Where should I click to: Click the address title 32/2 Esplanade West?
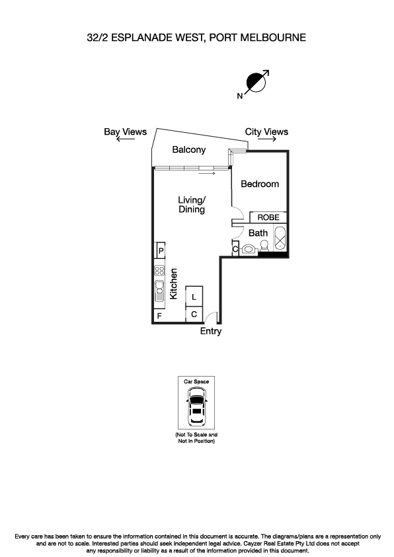pos(196,38)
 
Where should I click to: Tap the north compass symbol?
pos(255,83)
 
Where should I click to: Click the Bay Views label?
pos(126,131)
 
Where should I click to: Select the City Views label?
pos(266,131)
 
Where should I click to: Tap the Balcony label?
pos(189,150)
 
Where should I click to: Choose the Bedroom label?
pos(259,184)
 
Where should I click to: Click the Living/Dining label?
pos(192,204)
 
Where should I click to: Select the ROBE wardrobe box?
pos(268,217)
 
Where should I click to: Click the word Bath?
pos(258,233)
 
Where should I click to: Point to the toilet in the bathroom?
pos(251,248)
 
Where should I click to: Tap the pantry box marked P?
pos(159,250)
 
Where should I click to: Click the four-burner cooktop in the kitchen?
pos(159,270)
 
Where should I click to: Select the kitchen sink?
pos(159,289)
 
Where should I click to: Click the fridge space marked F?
pos(159,316)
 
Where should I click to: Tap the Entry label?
pos(211,332)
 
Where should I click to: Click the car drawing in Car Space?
pos(196,406)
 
